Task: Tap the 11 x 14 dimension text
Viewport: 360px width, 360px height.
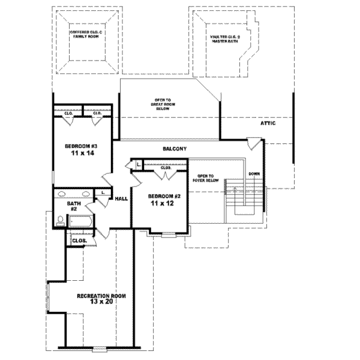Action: coord(82,154)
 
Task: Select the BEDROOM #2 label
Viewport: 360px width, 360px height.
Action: coord(164,196)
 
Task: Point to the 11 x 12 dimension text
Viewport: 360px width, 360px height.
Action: coord(164,205)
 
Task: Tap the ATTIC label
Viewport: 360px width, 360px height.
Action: coord(268,123)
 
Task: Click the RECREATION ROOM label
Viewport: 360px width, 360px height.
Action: coord(101,296)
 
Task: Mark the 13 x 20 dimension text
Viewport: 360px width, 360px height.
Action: coord(101,304)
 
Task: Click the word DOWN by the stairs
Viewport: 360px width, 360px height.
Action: coord(254,175)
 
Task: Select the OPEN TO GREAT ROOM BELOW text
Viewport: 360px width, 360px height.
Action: coord(162,105)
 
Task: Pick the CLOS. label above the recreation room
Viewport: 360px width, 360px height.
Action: coord(80,241)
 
